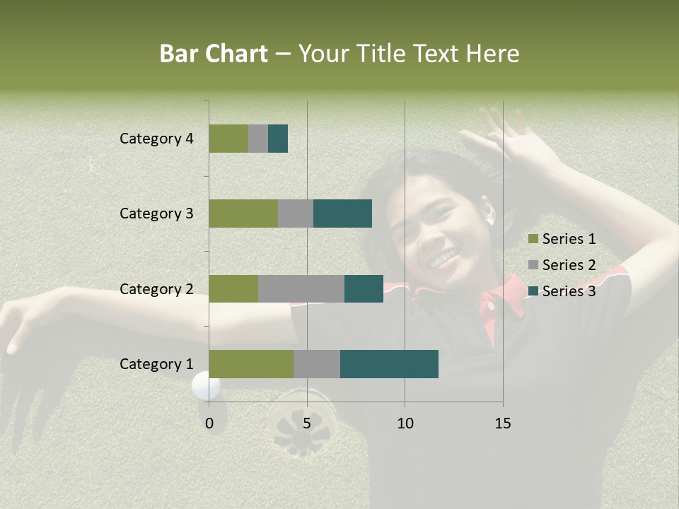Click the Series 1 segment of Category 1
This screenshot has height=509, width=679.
tap(250, 363)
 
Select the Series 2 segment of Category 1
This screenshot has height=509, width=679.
tap(316, 363)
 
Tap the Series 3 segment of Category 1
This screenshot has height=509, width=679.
tap(389, 363)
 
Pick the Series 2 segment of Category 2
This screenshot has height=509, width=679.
tap(301, 288)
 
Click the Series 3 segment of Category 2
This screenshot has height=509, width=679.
tap(364, 288)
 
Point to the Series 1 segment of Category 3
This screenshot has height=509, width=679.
tap(243, 213)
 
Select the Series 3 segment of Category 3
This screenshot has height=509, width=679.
tap(342, 213)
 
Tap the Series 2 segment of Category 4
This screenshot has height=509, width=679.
tap(257, 139)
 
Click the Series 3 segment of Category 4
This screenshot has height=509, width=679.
tap(277, 139)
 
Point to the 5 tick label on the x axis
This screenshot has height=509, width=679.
tap(307, 423)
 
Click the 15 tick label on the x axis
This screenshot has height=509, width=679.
tap(502, 423)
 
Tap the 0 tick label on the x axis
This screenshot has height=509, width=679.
tap(209, 423)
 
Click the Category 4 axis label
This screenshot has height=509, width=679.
tap(156, 139)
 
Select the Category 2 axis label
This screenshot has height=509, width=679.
tap(156, 288)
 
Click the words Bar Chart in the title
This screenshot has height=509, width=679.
tap(214, 54)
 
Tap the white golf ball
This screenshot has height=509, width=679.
tap(206, 385)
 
